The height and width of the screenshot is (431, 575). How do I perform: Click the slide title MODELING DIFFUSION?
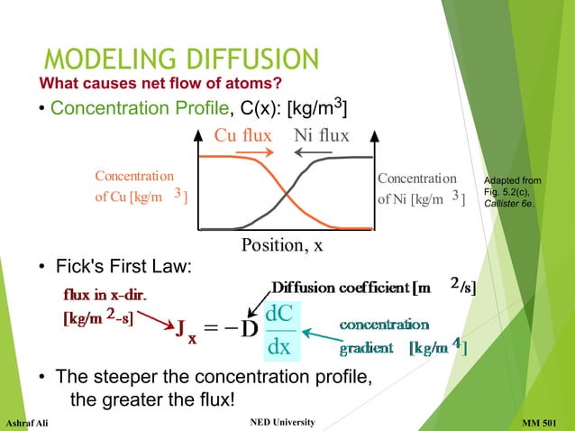(181, 60)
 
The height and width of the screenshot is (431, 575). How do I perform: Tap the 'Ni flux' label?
(322, 136)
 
